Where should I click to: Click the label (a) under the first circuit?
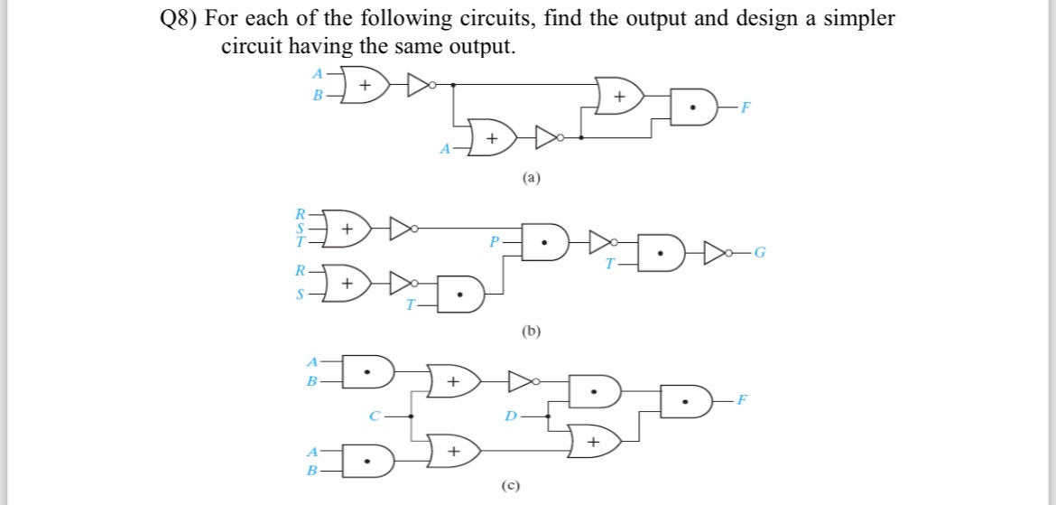(531, 179)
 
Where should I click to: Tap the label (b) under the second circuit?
(531, 331)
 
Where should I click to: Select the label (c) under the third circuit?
(513, 485)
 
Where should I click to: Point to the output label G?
(762, 251)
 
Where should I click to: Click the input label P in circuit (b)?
(493, 241)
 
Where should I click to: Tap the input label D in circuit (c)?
(511, 416)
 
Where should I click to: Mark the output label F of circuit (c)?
(742, 399)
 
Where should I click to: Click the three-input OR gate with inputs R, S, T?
(347, 229)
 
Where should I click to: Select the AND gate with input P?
(544, 242)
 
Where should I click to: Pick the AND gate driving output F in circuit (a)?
(693, 109)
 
